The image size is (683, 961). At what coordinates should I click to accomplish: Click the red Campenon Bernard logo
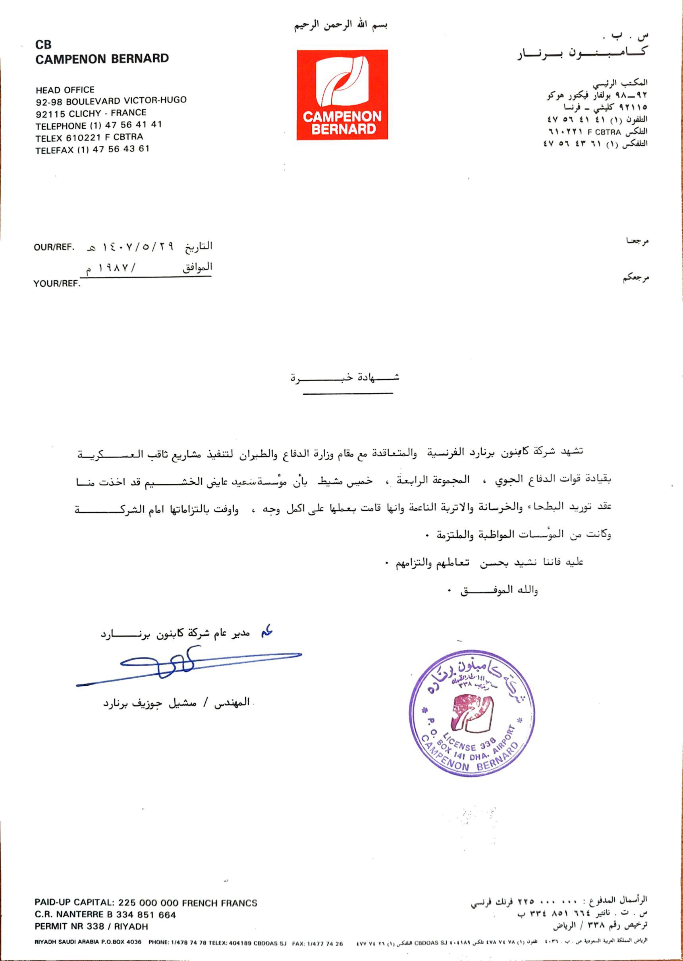[x=342, y=94]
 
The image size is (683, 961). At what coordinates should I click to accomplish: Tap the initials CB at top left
[x=43, y=44]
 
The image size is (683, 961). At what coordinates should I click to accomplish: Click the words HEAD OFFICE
[x=65, y=90]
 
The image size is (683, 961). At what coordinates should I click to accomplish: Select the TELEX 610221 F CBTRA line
[x=89, y=137]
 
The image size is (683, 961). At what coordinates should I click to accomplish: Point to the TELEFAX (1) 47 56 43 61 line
[x=92, y=149]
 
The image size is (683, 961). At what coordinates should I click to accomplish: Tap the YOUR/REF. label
[x=57, y=284]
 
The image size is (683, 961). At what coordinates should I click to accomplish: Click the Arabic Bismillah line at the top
[x=340, y=26]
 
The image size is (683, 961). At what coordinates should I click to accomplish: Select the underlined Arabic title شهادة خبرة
[x=345, y=377]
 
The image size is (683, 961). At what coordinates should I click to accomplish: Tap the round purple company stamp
[x=472, y=712]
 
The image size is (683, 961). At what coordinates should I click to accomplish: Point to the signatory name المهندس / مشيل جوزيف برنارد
[x=177, y=703]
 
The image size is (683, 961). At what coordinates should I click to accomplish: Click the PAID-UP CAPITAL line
[x=146, y=903]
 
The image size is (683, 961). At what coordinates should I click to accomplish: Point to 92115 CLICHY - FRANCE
[x=91, y=113]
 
